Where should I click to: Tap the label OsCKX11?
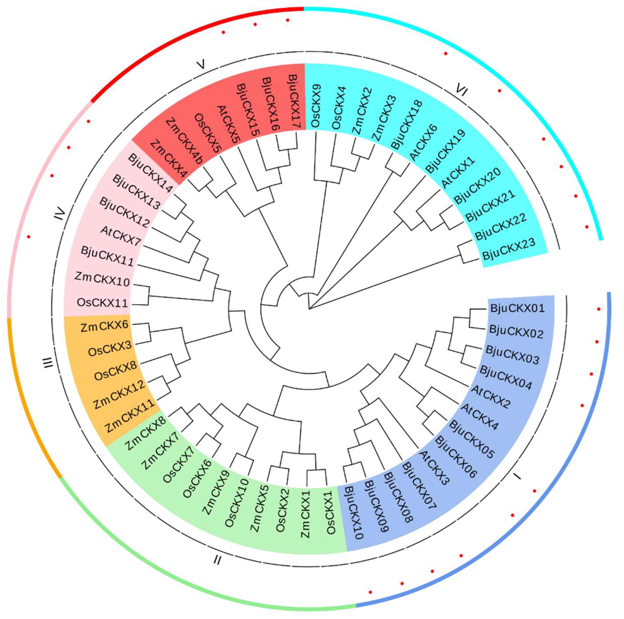[x=102, y=303]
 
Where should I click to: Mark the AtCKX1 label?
[x=458, y=173]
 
